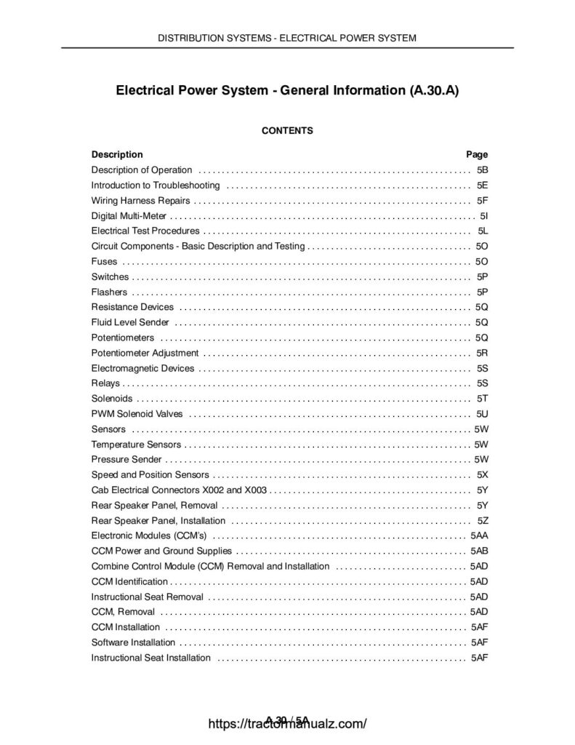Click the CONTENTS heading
coord(287,131)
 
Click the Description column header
coord(117,154)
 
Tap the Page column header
coord(476,154)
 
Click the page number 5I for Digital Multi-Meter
coord(483,215)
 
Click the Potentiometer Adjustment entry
coord(145,353)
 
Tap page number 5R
coord(482,353)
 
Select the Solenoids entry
coord(112,399)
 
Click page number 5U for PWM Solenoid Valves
coord(482,414)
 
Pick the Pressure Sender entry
coord(126,460)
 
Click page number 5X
coord(482,475)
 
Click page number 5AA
coord(479,536)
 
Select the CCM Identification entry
coord(129,582)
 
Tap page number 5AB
coord(479,551)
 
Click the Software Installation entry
coord(133,643)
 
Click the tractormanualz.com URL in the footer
coord(287,724)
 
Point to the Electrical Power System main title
coord(287,92)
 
